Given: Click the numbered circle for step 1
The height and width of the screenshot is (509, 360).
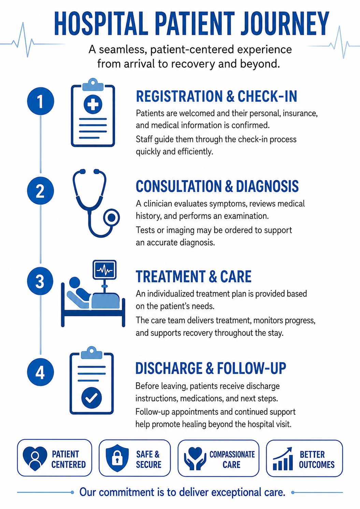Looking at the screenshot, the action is point(40,101).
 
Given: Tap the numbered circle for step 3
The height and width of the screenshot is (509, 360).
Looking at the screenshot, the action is point(40,281).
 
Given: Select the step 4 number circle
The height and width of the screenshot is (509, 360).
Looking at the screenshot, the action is point(40,372).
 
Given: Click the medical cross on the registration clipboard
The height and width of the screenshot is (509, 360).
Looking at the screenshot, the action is point(93,104).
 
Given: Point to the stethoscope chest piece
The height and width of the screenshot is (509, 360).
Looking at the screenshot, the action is point(111,218).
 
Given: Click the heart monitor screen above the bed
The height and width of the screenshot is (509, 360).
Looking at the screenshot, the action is point(104,270).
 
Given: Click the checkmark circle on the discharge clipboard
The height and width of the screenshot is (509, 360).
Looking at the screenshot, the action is point(91,398).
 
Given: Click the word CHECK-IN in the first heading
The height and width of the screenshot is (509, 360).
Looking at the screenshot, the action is point(267,96).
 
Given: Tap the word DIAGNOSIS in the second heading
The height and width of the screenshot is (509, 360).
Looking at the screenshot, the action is point(267,186).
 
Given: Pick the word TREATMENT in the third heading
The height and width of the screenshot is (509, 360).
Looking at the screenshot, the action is point(170,277).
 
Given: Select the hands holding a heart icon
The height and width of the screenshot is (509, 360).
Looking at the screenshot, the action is point(195,458).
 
